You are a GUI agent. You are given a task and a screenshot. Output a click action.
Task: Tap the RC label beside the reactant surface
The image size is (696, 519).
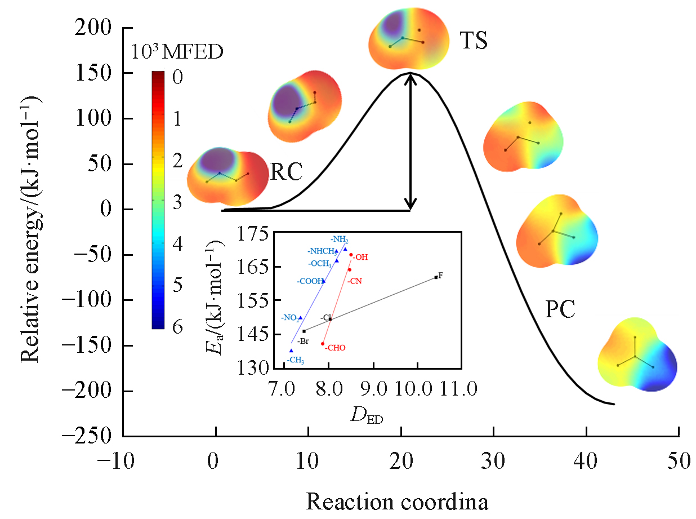(286, 172)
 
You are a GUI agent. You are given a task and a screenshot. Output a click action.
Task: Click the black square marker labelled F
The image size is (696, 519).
(436, 277)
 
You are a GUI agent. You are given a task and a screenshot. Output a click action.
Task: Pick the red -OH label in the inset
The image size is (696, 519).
(360, 257)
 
